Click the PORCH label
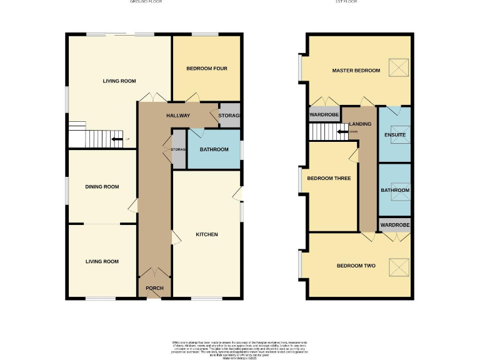pyautogui.click(x=154, y=288)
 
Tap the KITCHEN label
pyautogui.click(x=207, y=234)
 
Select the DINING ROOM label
pyautogui.click(x=102, y=187)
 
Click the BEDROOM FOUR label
pyautogui.click(x=207, y=69)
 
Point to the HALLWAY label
pyautogui.click(x=178, y=116)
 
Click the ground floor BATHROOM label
pyautogui.click(x=214, y=149)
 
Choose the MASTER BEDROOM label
pyautogui.click(x=356, y=71)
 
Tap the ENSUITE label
pyautogui.click(x=395, y=135)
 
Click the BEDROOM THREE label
pyautogui.click(x=329, y=179)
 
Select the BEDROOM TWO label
pyautogui.click(x=356, y=266)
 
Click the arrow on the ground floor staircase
pyautogui.click(x=116, y=139)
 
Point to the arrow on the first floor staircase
pyautogui.click(x=342, y=131)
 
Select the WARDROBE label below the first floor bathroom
pyautogui.click(x=395, y=224)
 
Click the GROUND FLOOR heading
pyautogui.click(x=146, y=2)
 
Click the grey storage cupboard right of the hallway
pyautogui.click(x=229, y=116)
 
